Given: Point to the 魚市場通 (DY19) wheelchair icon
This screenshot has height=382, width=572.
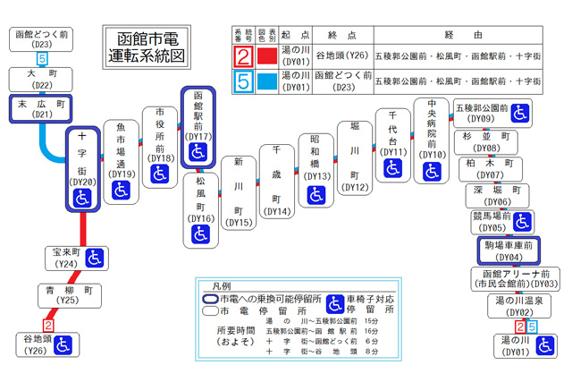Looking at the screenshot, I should click(x=122, y=190).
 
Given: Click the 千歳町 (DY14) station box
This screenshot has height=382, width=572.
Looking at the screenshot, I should click(x=278, y=182).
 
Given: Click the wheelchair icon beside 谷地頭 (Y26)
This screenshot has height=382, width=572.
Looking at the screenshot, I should click(x=63, y=345).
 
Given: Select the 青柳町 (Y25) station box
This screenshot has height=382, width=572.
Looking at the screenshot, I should click(x=65, y=296).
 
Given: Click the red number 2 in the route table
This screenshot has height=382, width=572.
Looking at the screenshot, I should click(x=242, y=56).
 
